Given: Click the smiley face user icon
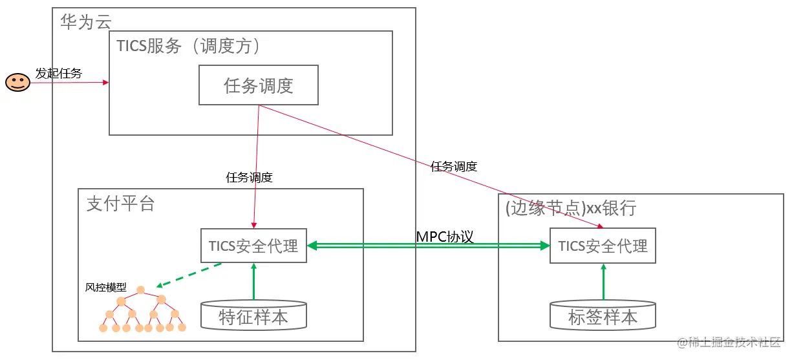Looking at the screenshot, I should point(18,82).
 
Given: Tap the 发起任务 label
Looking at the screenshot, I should point(59,73).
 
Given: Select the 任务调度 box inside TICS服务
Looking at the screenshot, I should point(258,85).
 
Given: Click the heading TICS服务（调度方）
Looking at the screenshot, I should point(188,47).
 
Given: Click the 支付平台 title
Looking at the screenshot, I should point(121,204).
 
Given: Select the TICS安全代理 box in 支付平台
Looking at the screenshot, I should point(253,246).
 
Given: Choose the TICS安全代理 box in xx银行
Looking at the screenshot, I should point(603,246).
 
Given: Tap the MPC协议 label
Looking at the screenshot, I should point(445,237).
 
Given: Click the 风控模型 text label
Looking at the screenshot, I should point(106,287).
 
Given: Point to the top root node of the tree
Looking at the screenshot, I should point(140,290).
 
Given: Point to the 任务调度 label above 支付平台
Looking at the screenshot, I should point(249,178).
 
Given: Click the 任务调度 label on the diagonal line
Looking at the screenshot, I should point(454,166).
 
